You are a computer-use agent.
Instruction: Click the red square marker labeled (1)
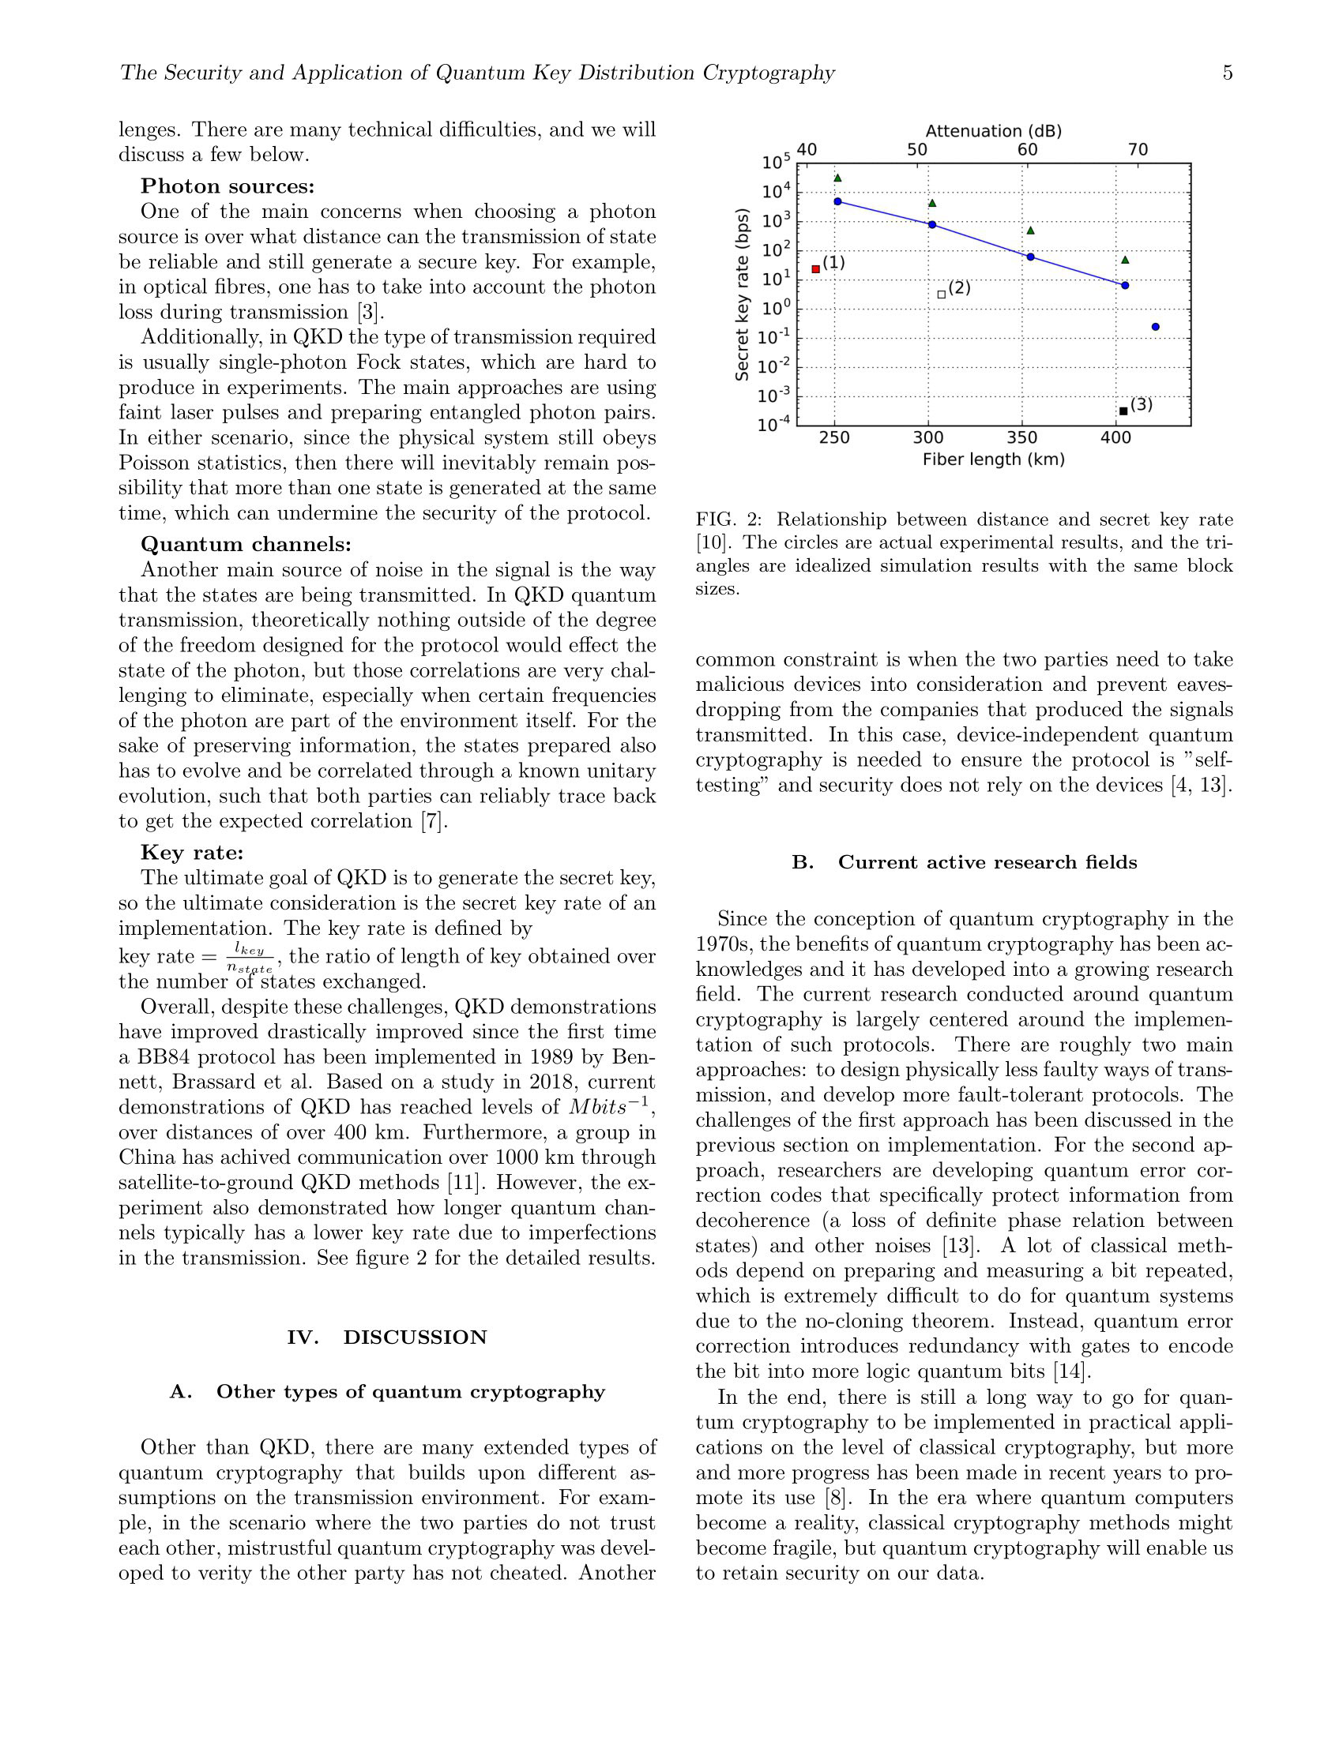(815, 268)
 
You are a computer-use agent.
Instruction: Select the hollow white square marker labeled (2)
(941, 295)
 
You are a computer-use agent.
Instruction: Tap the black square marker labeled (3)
(1123, 411)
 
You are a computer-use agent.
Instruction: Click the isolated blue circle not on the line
(1155, 327)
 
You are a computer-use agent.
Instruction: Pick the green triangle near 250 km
(837, 178)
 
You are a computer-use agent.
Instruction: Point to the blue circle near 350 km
(1030, 257)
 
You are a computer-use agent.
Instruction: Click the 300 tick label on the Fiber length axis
(927, 438)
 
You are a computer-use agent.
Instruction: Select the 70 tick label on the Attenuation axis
(1138, 149)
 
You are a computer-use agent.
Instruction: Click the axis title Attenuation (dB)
(993, 131)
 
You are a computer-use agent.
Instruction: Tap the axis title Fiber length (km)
(993, 460)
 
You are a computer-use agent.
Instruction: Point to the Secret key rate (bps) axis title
(742, 295)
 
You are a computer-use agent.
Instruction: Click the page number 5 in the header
(1228, 73)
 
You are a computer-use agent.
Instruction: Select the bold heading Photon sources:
(228, 186)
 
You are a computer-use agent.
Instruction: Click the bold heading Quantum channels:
(246, 544)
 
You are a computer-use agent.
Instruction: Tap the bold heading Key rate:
(192, 853)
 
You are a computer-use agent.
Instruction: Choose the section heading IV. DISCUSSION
(386, 1337)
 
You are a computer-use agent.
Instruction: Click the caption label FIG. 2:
(728, 520)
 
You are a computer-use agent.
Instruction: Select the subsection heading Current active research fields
(987, 863)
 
